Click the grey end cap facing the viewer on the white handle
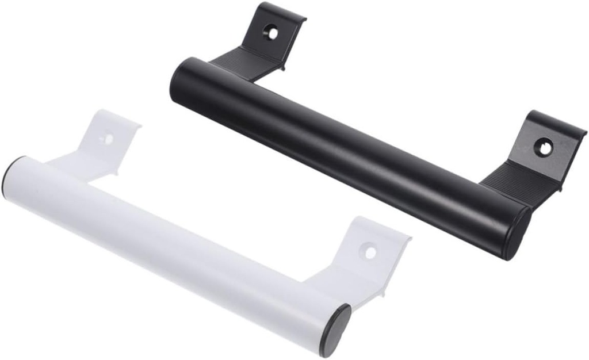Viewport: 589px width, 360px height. click(336, 330)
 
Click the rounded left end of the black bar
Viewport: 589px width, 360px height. click(178, 81)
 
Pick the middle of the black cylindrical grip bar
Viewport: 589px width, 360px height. click(345, 155)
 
